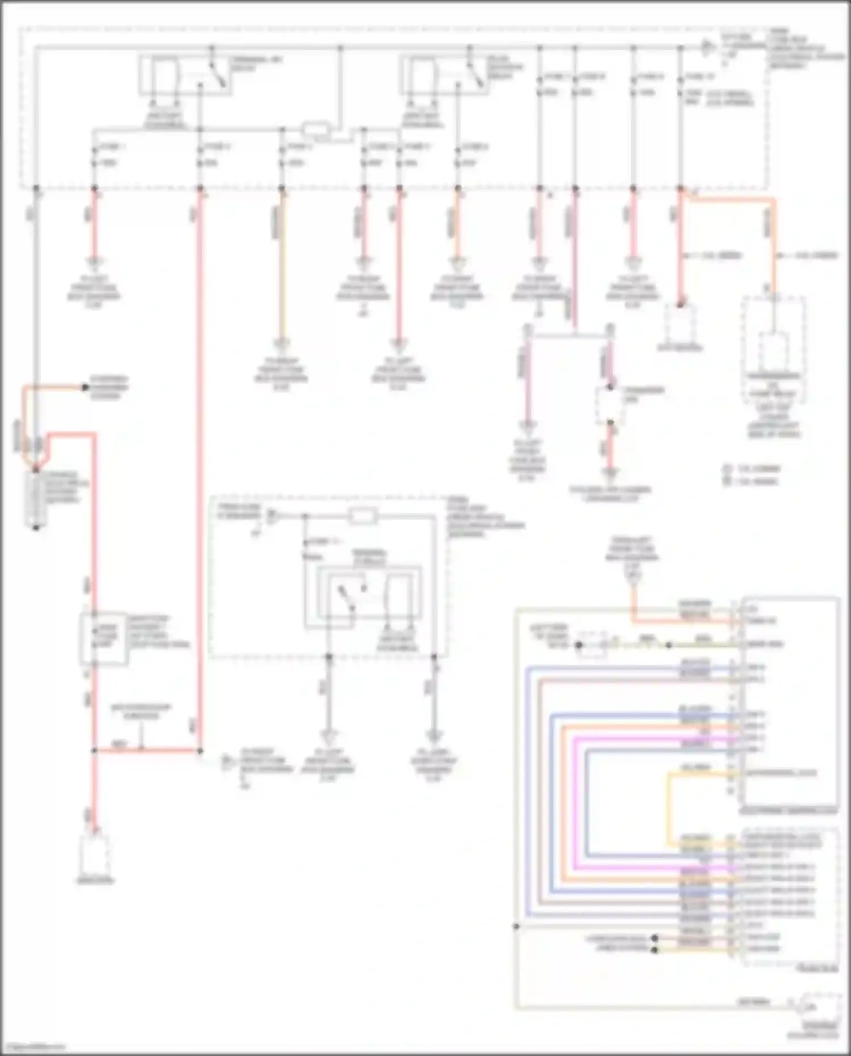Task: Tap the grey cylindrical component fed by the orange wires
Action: coord(36,499)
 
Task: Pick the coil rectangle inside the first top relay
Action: coord(165,77)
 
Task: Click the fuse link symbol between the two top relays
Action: coord(315,130)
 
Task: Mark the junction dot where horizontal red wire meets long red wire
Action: coord(200,751)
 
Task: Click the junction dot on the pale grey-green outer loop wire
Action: coord(516,927)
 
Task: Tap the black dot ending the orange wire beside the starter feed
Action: coord(85,388)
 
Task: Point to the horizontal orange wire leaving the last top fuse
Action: coord(732,199)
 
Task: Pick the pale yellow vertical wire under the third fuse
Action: coord(281,267)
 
